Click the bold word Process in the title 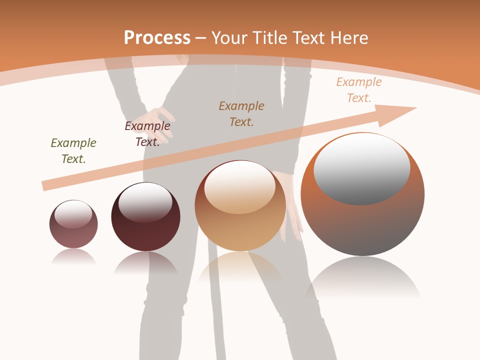pos(157,38)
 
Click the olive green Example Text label pos(73,150)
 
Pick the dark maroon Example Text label pos(147,134)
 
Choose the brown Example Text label pos(241,113)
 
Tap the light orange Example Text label pos(359,90)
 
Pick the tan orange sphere pos(240,230)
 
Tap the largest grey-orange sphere pos(362,225)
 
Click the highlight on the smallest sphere pos(73,214)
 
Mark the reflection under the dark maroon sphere pos(145,263)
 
